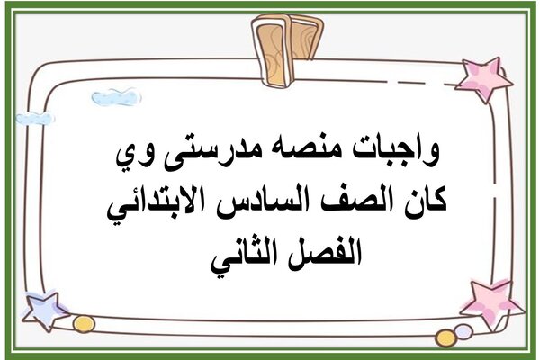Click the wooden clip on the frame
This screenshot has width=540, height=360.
click(x=287, y=50)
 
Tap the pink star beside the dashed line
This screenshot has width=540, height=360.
click(x=484, y=79)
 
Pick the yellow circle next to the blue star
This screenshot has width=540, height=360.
click(x=84, y=324)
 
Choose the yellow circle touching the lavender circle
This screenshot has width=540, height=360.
click(x=445, y=338)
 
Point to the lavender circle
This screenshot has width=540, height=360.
click(x=463, y=332)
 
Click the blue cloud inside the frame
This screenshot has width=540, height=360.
click(x=116, y=97)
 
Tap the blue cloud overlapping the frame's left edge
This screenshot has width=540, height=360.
click(x=34, y=118)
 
